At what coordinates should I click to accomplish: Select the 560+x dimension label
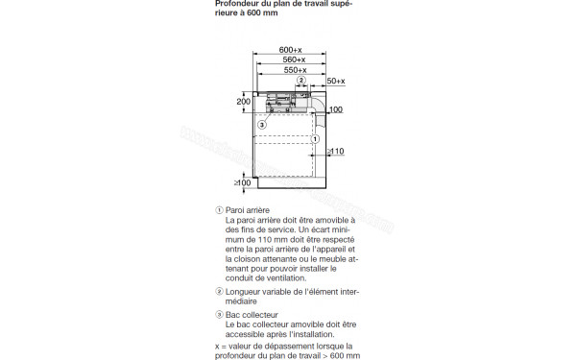coord(290,60)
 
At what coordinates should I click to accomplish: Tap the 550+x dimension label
coord(293,70)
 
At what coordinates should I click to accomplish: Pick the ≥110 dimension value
coord(334,152)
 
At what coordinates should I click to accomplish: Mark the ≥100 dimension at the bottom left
coord(242,182)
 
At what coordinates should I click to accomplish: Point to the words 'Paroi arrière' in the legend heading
coord(248,209)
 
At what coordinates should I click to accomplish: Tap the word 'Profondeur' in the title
coord(239,3)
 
